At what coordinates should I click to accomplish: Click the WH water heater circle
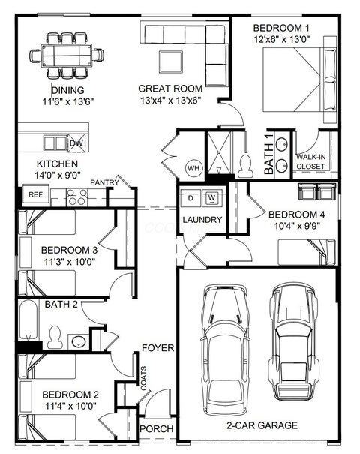click(194, 168)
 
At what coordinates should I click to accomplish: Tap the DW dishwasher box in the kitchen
click(76, 143)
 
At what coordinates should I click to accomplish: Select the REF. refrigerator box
click(36, 195)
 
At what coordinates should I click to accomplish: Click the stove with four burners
click(76, 197)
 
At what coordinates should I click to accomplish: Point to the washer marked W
click(211, 198)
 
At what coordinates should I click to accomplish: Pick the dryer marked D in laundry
click(190, 198)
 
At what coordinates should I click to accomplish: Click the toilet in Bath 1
click(245, 166)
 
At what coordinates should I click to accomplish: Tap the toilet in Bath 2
click(55, 337)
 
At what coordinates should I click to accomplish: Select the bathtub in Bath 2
click(28, 320)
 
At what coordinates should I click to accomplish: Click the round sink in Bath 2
click(79, 342)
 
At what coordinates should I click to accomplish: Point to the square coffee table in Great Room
click(171, 62)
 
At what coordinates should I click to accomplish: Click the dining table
click(67, 56)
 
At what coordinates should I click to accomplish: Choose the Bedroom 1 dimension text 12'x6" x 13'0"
click(282, 39)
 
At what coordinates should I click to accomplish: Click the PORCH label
click(157, 428)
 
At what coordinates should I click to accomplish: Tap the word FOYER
click(158, 347)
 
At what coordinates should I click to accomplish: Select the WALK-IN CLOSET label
click(310, 161)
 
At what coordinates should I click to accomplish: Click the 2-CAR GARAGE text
click(262, 425)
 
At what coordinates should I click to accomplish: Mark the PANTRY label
click(104, 182)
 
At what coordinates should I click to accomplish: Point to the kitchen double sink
click(55, 143)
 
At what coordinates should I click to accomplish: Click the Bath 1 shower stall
click(219, 153)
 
